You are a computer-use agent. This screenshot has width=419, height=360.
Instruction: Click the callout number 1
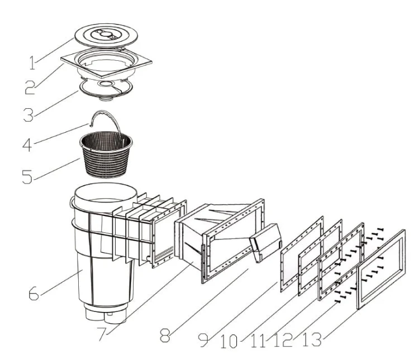pos(32,63)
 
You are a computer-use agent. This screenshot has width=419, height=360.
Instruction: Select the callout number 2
pos(30,88)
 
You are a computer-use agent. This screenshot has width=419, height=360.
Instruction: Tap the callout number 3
pos(28,115)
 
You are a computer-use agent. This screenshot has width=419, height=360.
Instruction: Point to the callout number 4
pos(27,145)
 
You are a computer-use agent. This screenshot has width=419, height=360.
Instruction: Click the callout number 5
pos(27,176)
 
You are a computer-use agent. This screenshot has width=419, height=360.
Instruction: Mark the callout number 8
pos(165,336)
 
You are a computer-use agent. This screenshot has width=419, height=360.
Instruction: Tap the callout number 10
pos(229,342)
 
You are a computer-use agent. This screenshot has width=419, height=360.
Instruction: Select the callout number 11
pos(259,341)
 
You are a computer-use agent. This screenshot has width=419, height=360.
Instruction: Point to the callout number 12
pos(283,340)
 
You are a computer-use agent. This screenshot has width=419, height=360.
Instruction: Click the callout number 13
pos(312,340)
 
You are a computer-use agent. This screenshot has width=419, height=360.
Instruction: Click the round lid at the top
pos(106,36)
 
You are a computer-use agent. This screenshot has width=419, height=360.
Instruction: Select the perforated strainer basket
pos(106,155)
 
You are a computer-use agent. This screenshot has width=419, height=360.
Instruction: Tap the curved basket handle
pos(105,113)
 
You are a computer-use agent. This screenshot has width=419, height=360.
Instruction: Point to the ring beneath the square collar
pos(106,91)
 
